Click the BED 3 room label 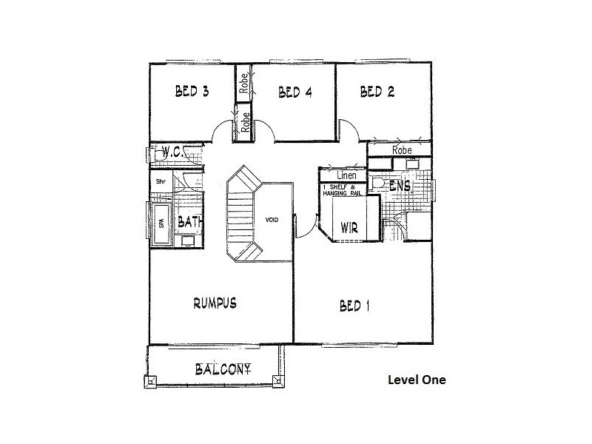click(191, 92)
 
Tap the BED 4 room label click(294, 92)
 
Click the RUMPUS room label click(215, 303)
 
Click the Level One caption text click(417, 381)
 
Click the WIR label click(349, 227)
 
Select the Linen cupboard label click(346, 176)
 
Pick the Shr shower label click(159, 180)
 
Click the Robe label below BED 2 click(401, 149)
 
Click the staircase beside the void click(240, 215)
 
